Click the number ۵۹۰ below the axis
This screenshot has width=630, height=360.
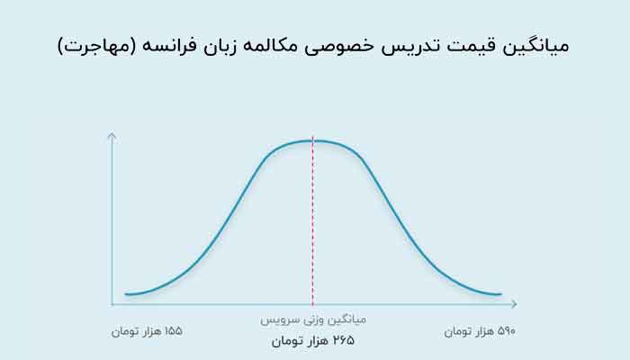[x=506, y=331]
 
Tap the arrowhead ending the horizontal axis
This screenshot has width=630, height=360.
[x=515, y=304]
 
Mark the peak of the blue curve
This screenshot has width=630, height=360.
[x=312, y=140]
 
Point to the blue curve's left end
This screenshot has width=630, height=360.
[x=126, y=294]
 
